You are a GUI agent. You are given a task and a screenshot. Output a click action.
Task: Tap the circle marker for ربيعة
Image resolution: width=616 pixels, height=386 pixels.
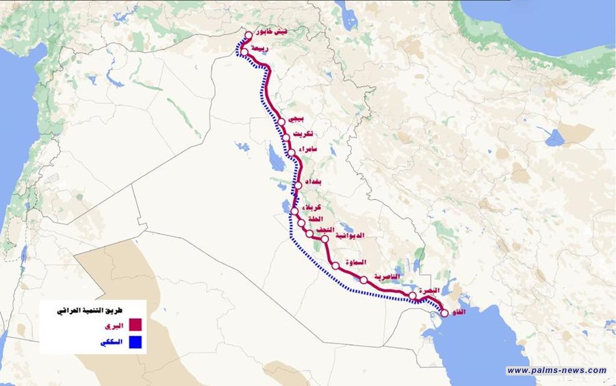(244, 51)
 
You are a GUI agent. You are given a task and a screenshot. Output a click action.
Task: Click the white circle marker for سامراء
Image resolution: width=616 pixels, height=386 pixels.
(292, 153)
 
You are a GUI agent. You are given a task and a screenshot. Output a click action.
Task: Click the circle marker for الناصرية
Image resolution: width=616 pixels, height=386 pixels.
(364, 279)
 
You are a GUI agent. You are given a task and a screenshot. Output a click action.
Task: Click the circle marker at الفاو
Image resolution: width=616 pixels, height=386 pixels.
(444, 313)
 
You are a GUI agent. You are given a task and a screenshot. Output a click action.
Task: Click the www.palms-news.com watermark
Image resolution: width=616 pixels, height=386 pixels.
(556, 370)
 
